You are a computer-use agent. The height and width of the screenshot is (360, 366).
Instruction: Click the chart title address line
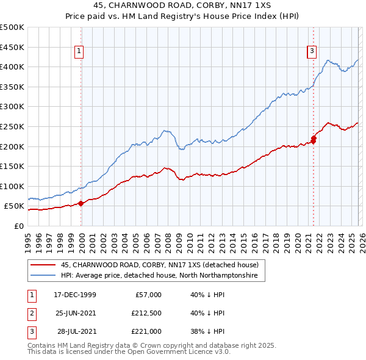[x=183, y=6]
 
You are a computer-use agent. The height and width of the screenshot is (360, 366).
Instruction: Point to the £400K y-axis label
[x=12, y=67]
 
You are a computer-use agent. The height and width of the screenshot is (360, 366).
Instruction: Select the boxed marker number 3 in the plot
[x=312, y=52]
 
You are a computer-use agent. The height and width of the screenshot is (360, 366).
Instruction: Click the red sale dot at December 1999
[x=81, y=204]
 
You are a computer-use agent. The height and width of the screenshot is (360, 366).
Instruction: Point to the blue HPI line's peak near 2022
[x=328, y=60]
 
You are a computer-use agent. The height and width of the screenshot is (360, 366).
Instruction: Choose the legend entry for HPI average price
[x=159, y=276]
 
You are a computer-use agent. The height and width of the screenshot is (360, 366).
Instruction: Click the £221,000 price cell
[x=146, y=331]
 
